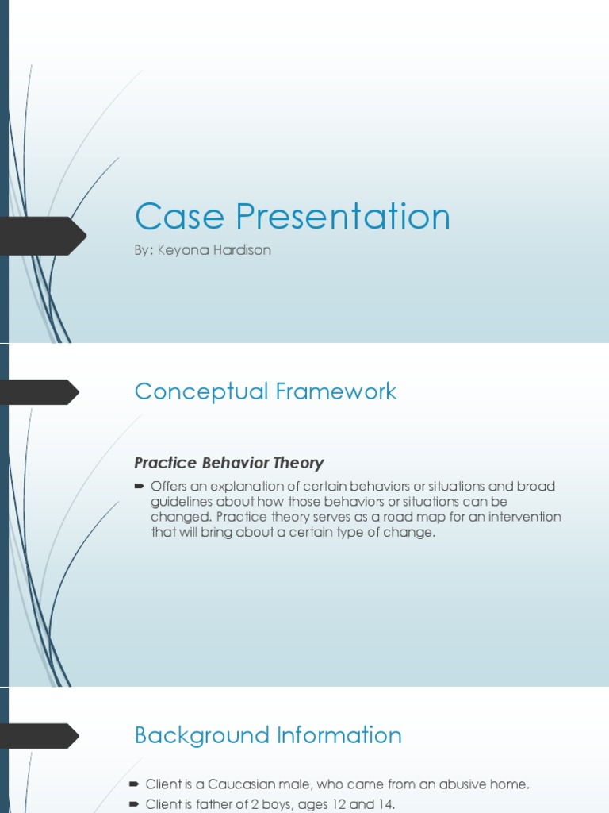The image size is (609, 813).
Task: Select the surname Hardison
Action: pos(243,250)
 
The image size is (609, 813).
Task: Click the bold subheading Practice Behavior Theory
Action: pos(229,463)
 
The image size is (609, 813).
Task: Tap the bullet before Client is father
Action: pos(133,805)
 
